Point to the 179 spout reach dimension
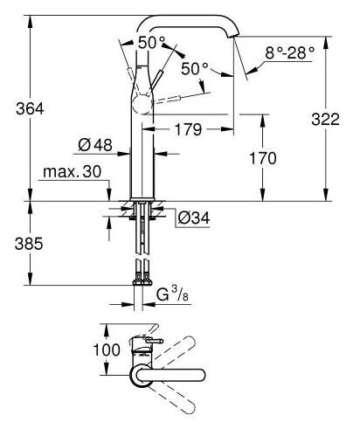186,129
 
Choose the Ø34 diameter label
193,218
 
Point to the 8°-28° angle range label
290,52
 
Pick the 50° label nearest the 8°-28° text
194,68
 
